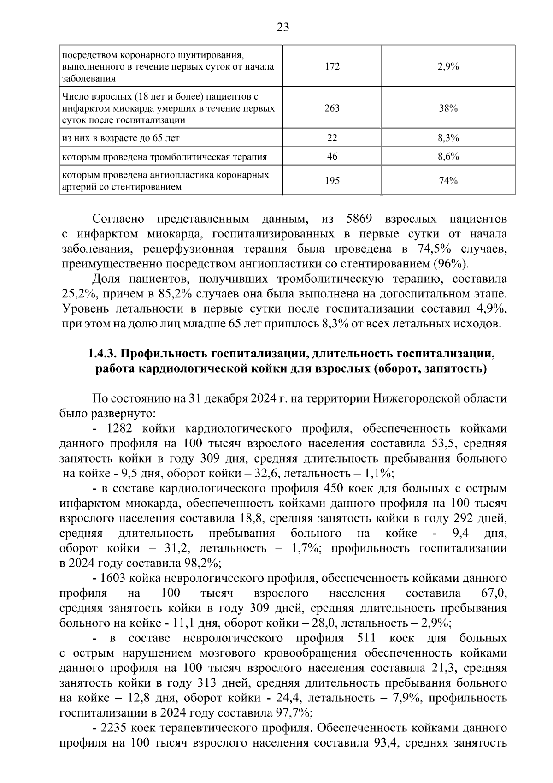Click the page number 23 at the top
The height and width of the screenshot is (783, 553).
click(282, 27)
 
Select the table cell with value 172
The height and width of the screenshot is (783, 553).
click(332, 66)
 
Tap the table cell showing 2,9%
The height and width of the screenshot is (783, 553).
click(448, 66)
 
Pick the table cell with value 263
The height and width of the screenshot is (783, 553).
click(332, 108)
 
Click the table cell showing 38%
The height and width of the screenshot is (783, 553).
click(448, 108)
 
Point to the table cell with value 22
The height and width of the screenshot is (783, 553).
click(332, 138)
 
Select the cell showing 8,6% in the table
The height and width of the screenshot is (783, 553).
click(448, 157)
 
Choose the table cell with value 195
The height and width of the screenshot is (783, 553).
click(332, 181)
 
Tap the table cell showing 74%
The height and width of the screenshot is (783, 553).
click(448, 181)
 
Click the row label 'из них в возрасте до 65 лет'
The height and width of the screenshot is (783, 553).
click(121, 138)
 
